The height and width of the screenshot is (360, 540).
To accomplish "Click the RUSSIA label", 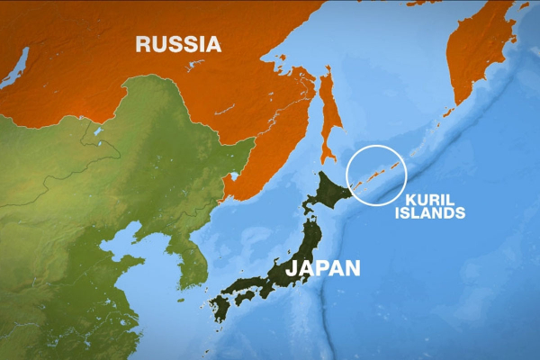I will (177, 42).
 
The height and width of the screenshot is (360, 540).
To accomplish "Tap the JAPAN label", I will (322, 267).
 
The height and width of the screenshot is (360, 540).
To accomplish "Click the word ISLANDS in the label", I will (435, 213).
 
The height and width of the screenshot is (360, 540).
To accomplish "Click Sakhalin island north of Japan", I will (331, 112).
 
